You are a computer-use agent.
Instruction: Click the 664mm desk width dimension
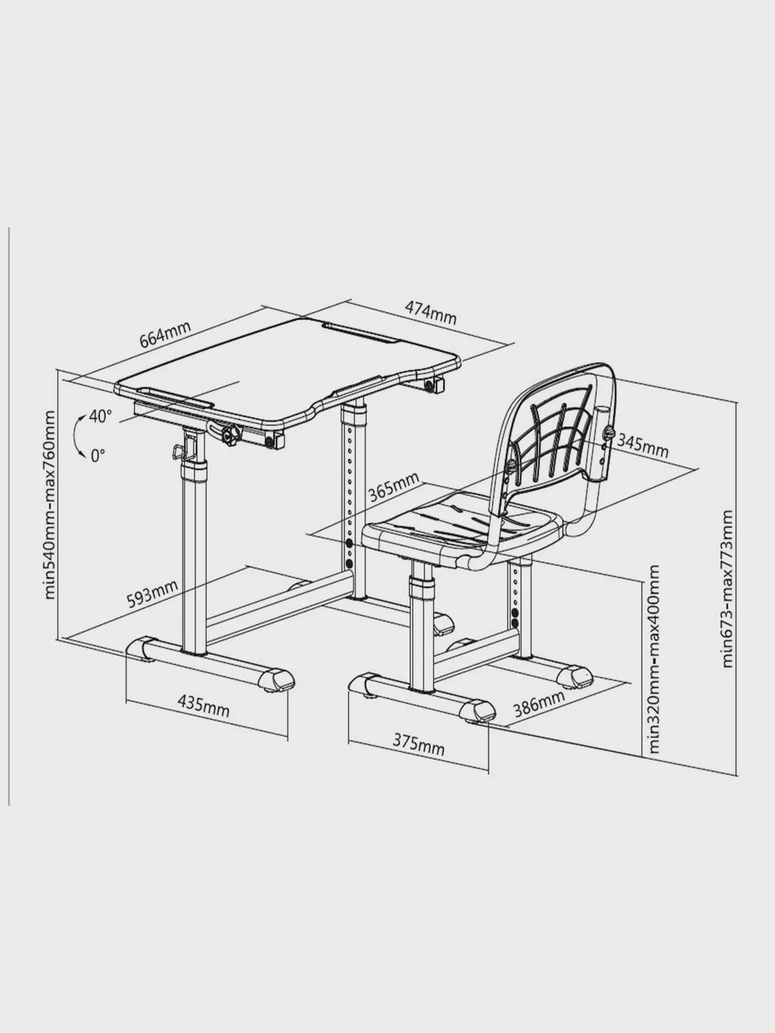(165, 334)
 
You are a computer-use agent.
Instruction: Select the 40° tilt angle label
(100, 416)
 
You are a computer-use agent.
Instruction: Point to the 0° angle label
(98, 455)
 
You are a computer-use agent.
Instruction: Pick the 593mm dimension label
(152, 594)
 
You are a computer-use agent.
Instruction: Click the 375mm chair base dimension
(419, 744)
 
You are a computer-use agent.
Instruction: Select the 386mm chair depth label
(539, 703)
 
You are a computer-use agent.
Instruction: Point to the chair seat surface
(455, 524)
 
